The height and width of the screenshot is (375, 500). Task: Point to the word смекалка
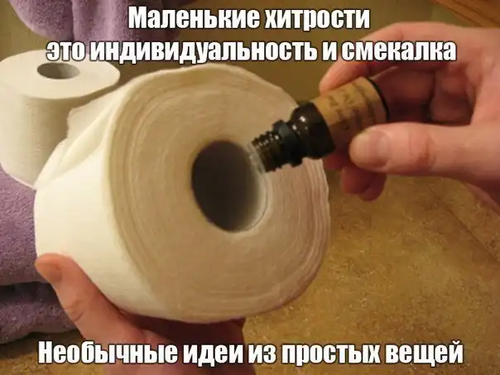pyautogui.click(x=400, y=50)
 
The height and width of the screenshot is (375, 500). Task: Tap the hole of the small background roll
pyautogui.click(x=58, y=71)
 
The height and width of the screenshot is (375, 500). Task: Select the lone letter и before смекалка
pyautogui.click(x=330, y=51)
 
